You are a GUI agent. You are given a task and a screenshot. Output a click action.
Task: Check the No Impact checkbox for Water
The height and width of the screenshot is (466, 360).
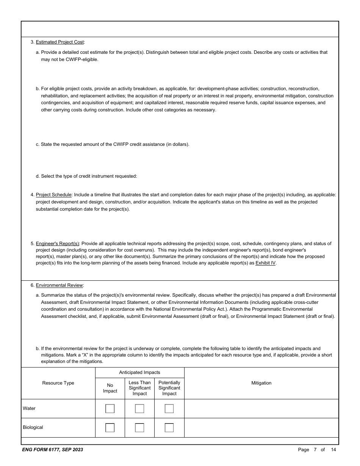pos(110,409)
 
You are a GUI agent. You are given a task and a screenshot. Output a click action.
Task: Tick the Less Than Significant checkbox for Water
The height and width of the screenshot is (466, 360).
pos(139,409)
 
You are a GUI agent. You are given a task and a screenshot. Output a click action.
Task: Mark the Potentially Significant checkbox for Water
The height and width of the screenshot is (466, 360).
pos(169,409)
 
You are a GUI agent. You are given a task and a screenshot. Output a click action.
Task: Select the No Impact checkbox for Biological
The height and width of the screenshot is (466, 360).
pos(110,428)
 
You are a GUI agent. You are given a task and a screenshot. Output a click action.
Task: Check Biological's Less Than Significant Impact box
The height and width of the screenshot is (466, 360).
pos(139,428)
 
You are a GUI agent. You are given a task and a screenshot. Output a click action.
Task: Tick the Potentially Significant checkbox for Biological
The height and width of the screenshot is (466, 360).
pos(169,428)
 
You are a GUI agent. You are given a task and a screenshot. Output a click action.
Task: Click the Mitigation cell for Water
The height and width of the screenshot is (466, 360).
pos(261,409)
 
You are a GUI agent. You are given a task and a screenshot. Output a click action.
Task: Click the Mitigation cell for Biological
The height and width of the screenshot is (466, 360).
pos(261,428)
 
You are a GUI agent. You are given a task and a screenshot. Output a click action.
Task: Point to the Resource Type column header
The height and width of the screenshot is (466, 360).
pos(58,383)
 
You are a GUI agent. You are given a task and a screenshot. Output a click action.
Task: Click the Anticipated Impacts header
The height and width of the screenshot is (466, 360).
pos(139,372)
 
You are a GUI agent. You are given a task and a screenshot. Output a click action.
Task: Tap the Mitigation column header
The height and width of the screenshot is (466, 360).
pos(261,383)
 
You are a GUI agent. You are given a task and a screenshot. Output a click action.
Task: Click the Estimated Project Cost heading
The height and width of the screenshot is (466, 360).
pos(60,42)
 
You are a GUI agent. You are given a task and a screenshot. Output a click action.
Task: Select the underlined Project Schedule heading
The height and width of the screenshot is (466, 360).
pos(53,195)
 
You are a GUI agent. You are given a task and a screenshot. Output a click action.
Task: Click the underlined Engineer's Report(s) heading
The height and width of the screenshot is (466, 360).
pos(58,244)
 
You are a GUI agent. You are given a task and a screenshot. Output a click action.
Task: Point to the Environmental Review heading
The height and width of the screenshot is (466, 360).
pos(59,285)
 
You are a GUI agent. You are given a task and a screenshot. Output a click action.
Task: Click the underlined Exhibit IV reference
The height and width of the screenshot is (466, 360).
pos(265,263)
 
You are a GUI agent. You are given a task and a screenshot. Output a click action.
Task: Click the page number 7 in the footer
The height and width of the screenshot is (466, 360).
pos(315,450)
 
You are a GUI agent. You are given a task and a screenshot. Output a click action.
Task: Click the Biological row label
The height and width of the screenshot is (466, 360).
pos(33,427)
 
